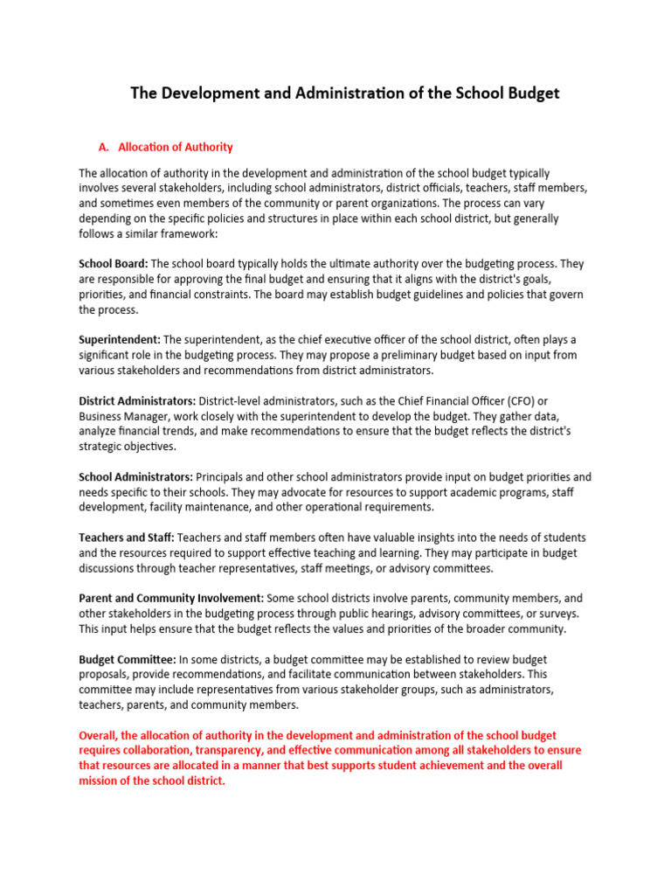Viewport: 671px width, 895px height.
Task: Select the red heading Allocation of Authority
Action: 175,147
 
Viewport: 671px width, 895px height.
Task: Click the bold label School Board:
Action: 114,263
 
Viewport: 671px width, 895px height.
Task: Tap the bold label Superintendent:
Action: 120,339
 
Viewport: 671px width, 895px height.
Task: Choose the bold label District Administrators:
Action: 137,400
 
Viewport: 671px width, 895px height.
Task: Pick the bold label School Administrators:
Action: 135,477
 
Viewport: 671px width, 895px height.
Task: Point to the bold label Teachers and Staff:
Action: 127,538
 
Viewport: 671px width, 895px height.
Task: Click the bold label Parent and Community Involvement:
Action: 171,598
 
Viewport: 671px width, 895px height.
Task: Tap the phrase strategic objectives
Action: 126,447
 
